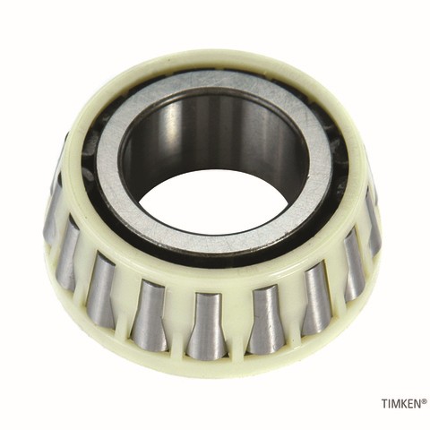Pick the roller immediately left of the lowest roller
click(150, 315)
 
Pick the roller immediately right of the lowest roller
click(264, 319)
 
